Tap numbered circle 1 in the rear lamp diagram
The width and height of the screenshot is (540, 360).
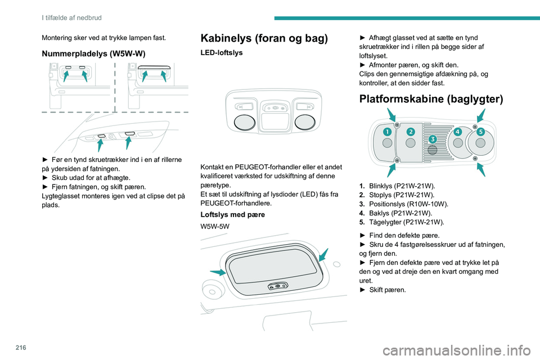(387, 132)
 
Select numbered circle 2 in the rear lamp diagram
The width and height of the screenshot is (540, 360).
(411, 132)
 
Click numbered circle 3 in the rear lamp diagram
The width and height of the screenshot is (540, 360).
(433, 139)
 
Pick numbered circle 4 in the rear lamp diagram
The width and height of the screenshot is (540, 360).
(458, 132)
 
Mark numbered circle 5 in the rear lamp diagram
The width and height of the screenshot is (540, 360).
(480, 132)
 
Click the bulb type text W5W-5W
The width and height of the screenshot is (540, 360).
(214, 226)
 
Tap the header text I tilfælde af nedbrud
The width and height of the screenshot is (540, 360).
(71, 17)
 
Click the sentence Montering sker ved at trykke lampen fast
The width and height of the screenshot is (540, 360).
(103, 38)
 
